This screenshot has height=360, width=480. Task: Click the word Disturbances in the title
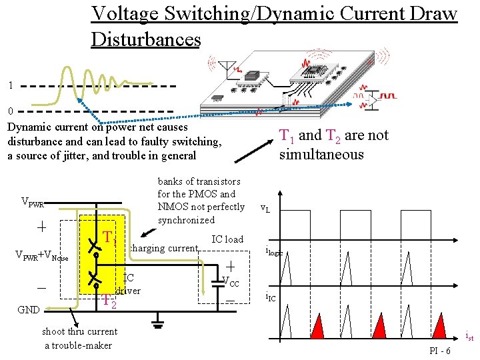click(x=146, y=39)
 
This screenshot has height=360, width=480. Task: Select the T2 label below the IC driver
click(x=109, y=302)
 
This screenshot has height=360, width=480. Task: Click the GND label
click(x=29, y=310)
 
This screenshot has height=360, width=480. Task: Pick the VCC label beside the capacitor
click(x=231, y=281)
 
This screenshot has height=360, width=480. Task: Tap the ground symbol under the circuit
click(x=157, y=325)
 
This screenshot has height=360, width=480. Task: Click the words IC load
click(x=227, y=239)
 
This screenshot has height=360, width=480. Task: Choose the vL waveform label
click(x=265, y=209)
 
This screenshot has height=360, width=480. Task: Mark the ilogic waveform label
click(x=274, y=251)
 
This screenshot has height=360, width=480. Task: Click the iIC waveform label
click(x=271, y=297)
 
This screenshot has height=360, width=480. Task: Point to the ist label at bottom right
click(x=469, y=337)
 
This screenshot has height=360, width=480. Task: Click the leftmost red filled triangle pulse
click(x=317, y=327)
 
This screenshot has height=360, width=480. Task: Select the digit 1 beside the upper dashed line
click(x=10, y=85)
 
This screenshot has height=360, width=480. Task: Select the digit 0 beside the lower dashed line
click(x=10, y=111)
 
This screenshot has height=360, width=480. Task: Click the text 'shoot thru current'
click(x=79, y=331)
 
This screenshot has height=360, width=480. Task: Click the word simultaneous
click(x=321, y=155)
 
